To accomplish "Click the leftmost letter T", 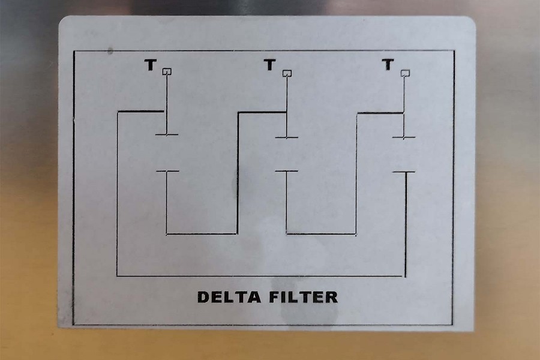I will pos(149,65).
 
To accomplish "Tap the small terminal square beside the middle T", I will pos(287,73).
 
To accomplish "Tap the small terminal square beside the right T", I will pos(406,73).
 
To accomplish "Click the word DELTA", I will pos(226,296).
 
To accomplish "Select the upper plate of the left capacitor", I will pos(166,134).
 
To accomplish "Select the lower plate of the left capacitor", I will pos(167,172).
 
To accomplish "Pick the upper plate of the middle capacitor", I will pos(287,137).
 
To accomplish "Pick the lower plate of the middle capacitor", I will pos(287,172).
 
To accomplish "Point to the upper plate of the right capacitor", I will pos(404,137).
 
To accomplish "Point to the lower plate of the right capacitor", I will pos(404,172).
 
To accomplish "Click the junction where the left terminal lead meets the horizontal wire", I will pos(165,111).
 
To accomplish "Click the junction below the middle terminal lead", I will pos(286,112).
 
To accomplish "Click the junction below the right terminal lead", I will pos(403,112).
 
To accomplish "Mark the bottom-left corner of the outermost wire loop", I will pos(117,275).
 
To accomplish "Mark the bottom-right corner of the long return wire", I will pos(406,276).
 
